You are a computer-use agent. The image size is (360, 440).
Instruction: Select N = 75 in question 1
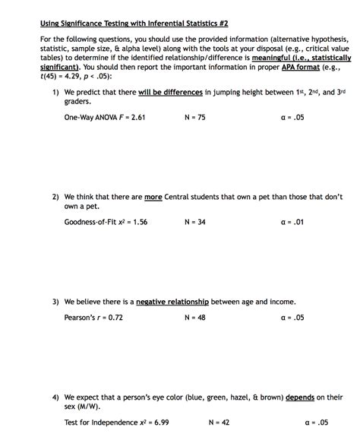click(x=195, y=118)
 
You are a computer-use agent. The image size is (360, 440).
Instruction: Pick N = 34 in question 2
click(x=195, y=222)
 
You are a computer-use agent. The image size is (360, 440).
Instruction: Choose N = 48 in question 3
click(x=195, y=318)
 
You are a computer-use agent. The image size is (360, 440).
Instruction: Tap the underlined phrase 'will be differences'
click(x=170, y=93)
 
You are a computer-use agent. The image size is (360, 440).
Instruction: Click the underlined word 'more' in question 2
click(x=153, y=197)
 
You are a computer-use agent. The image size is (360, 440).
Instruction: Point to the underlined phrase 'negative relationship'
click(x=172, y=302)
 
